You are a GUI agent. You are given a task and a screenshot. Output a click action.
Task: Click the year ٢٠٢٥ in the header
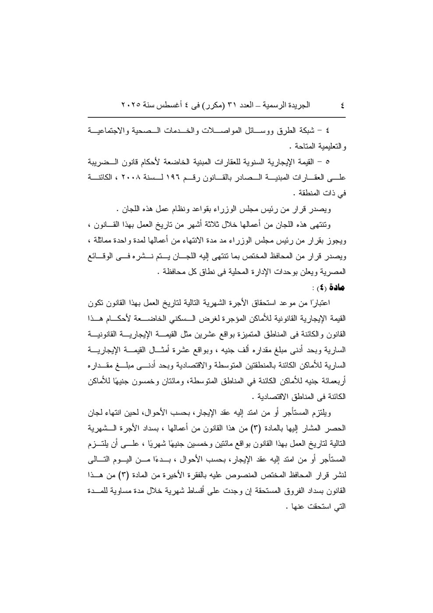(131, 105)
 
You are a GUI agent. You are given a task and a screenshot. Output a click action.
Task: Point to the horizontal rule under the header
(216, 117)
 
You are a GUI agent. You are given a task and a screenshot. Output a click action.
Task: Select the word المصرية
(332, 271)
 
